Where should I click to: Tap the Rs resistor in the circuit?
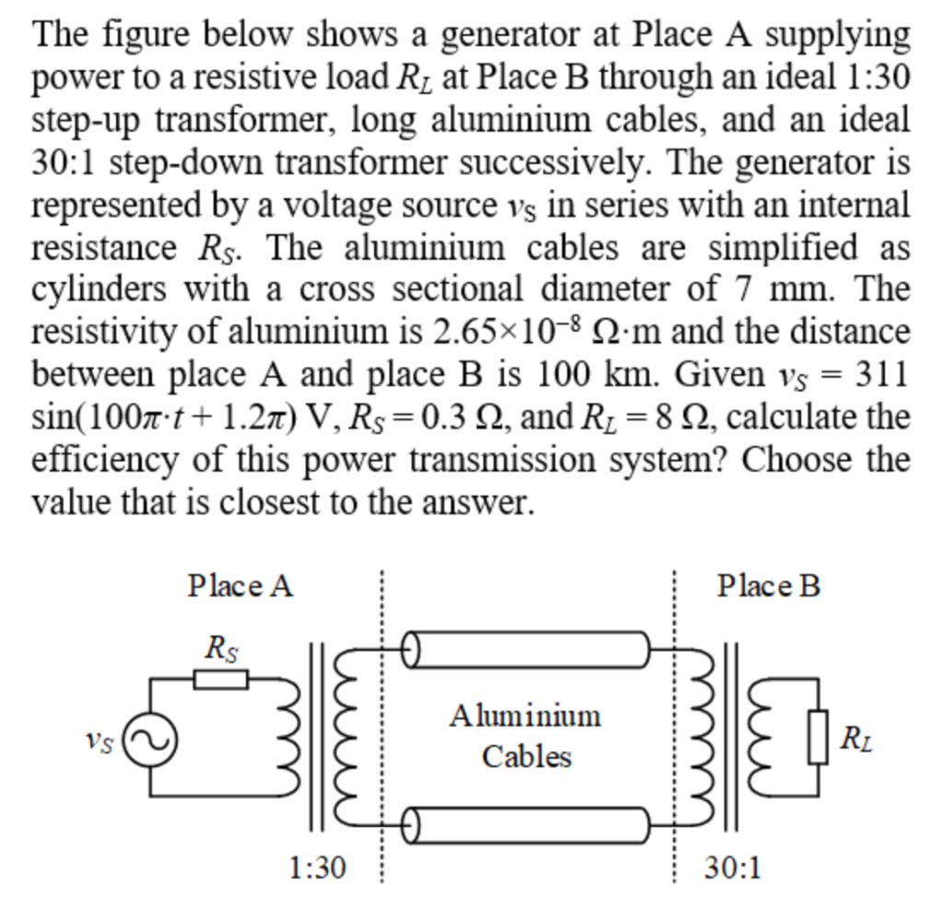[x=221, y=680]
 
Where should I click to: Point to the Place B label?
[x=768, y=586]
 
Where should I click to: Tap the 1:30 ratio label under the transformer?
[x=318, y=867]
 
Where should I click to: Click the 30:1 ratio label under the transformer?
[x=733, y=867]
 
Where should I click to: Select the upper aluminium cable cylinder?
[x=525, y=651]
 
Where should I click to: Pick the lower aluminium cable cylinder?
[x=525, y=823]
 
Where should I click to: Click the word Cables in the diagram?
[x=527, y=757]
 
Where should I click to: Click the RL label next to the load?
[x=856, y=739]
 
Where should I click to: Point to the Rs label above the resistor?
[x=222, y=648]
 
